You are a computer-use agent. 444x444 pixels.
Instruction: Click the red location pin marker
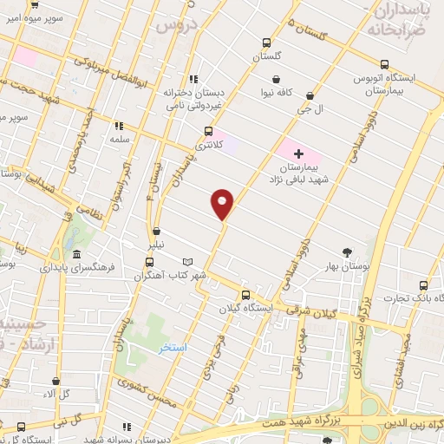tap(223, 204)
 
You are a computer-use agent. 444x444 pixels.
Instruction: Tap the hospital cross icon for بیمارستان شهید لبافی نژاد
tap(299, 153)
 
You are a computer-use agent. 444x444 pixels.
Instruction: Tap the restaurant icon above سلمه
tap(118, 126)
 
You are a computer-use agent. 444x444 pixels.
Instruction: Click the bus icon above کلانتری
tap(206, 131)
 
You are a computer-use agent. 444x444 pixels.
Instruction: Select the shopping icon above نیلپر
tap(156, 232)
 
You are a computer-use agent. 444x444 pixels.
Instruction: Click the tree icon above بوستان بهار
tap(348, 252)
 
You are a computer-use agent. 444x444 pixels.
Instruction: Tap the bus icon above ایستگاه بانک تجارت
tap(423, 285)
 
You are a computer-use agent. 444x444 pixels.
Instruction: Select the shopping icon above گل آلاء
tap(55, 380)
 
